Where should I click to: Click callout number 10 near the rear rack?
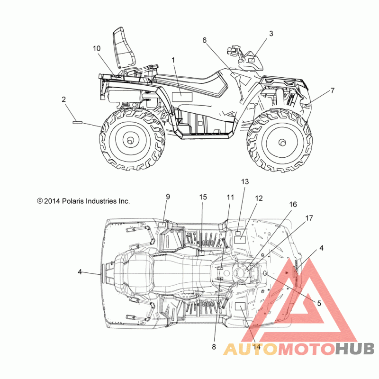tap(97, 49)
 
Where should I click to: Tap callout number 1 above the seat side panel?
tap(173, 61)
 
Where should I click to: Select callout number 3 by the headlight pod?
tap(271, 34)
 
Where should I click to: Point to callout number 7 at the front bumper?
tap(333, 90)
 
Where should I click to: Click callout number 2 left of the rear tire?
tap(64, 99)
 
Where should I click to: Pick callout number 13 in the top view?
tap(245, 182)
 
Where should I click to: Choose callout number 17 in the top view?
tap(309, 218)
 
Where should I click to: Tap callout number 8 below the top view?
tap(214, 347)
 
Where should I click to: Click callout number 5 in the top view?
tap(319, 303)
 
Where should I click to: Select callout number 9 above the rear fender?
tap(168, 197)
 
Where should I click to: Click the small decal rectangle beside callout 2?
tap(77, 123)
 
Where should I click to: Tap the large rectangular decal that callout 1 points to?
tap(182, 97)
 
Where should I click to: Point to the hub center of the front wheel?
tap(281, 143)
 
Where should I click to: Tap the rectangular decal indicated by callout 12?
tap(240, 240)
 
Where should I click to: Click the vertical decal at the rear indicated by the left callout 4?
tap(103, 273)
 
